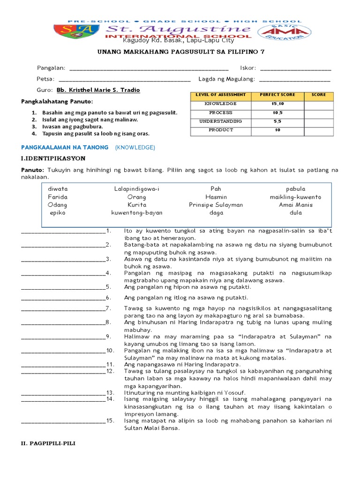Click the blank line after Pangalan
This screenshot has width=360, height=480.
149,69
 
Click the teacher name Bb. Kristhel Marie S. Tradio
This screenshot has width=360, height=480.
98,90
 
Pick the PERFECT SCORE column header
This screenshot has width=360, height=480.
277,95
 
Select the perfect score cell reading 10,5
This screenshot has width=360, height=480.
277,112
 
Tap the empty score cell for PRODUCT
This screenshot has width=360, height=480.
319,130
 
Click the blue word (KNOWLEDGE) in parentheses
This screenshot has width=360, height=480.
135,147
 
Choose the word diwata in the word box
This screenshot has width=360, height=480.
58,189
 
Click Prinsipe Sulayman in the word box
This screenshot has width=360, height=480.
216,205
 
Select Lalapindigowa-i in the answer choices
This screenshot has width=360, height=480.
137,189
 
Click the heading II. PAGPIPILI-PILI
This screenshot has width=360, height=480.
49,443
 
